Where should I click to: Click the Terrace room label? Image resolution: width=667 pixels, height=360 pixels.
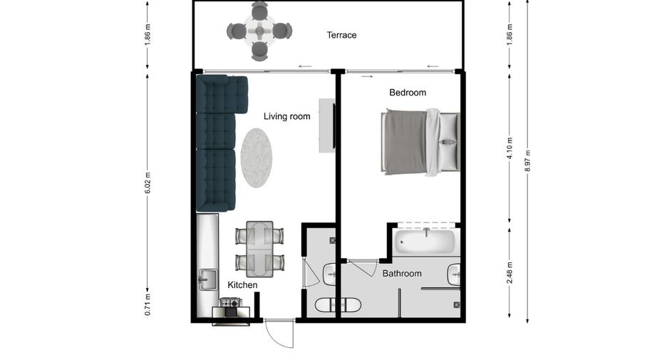pos(341,35)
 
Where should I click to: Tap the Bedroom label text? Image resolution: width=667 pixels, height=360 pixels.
pos(408,93)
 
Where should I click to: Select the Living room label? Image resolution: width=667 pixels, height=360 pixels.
pos(286,116)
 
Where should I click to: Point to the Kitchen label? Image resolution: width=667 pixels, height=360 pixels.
pos(242,284)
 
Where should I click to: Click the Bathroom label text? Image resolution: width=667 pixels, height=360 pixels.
pos(402,273)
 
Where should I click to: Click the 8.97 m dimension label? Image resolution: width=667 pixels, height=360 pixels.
pos(528,160)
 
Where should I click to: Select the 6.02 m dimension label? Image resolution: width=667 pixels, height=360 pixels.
pos(148,182)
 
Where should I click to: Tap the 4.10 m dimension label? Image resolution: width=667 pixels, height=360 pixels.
pos(510,148)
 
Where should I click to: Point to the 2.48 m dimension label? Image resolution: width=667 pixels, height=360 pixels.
pos(510,272)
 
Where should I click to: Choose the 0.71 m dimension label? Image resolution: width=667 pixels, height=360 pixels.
pos(148,304)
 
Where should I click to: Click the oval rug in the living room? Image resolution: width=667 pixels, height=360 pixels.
pos(256,158)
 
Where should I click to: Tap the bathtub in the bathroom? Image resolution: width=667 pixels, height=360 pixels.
pos(425,241)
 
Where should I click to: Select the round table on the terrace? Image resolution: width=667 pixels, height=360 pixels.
pos(259,31)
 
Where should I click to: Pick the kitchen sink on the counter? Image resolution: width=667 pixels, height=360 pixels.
pos(207,279)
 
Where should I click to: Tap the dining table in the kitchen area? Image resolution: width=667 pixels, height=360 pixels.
pos(259,249)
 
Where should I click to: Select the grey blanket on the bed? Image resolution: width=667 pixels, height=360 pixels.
pos(405,142)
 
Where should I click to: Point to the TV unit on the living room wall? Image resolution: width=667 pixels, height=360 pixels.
pos(327,125)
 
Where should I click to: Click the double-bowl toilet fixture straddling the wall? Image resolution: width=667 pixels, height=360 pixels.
pos(338,304)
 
